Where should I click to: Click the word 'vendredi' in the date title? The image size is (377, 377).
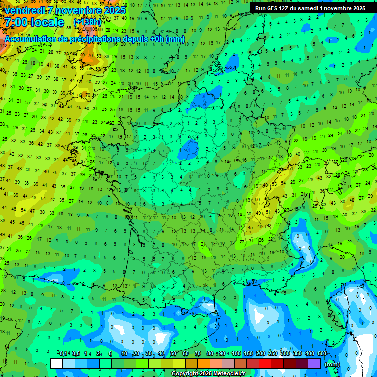point(26,10)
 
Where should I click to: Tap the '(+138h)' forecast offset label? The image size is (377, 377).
point(87,22)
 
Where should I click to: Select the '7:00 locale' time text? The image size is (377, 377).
point(34,23)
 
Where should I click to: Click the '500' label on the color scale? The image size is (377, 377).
point(322,354)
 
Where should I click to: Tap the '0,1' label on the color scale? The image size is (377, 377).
point(63,354)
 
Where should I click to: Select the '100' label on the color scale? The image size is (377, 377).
point(236,354)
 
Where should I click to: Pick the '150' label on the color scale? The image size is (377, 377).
point(248,354)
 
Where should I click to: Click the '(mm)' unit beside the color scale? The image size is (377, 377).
point(332,364)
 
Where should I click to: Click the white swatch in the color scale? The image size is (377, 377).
point(56,364)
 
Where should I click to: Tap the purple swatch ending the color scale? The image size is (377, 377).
point(314,364)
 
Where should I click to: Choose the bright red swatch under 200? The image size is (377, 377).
point(265,364)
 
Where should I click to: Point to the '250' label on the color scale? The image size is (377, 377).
point(273,354)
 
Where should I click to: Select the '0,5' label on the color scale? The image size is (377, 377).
point(75,354)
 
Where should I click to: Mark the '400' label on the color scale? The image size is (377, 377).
point(310,354)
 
